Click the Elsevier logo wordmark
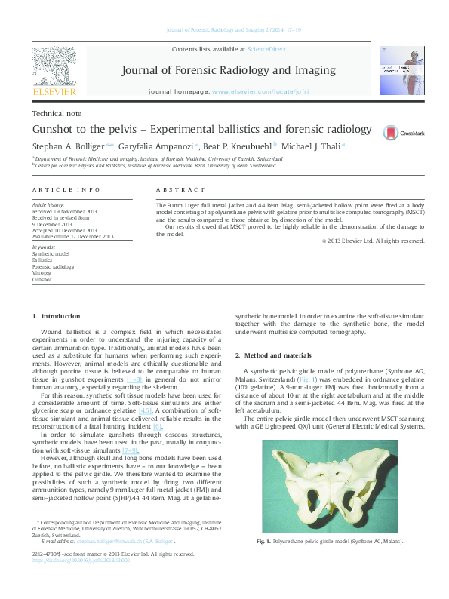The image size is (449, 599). click(x=54, y=92)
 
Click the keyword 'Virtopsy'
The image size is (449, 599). click(x=42, y=273)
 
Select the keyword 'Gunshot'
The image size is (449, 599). click(x=42, y=279)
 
